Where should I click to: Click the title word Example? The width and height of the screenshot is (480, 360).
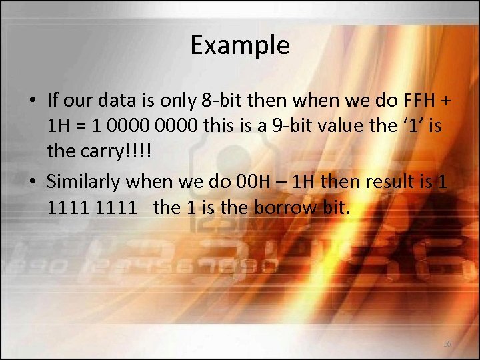pos(239,45)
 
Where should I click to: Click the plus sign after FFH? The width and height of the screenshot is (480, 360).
pos(446,101)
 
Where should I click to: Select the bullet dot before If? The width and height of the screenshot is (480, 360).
pos(32,101)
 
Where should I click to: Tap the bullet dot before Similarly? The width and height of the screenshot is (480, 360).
pos(32,182)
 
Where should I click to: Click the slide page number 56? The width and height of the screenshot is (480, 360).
pos(447,344)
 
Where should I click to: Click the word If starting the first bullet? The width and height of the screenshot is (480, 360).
pos(54,101)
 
